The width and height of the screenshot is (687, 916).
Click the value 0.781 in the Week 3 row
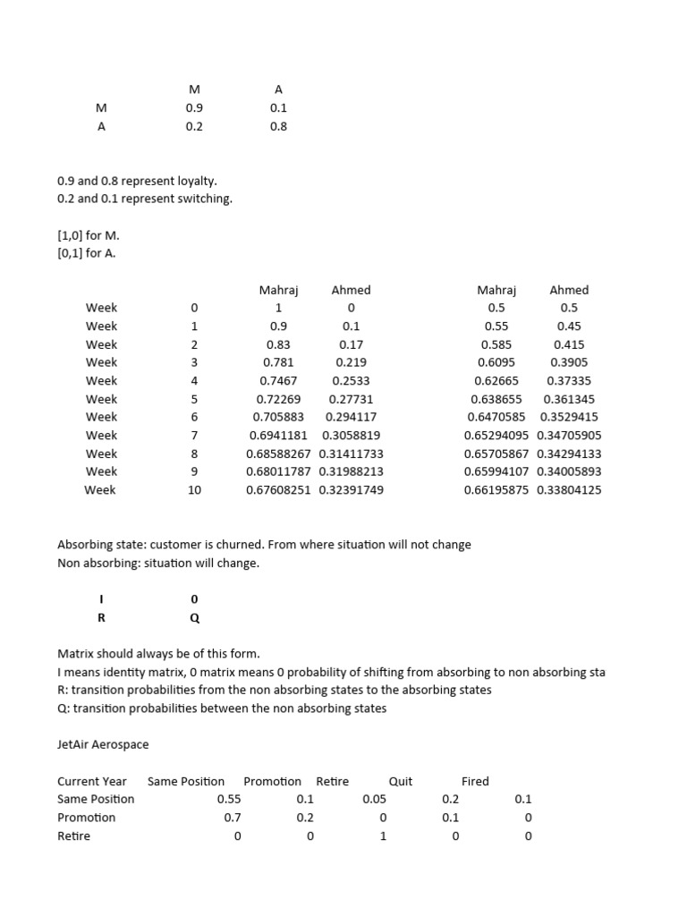278,362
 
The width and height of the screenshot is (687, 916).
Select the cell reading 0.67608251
278,490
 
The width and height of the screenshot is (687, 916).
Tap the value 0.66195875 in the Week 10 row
496,490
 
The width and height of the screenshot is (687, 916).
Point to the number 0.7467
278,381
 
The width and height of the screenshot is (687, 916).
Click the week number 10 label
194,490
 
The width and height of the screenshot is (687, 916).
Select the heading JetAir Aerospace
103,744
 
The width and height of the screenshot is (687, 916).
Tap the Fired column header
475,781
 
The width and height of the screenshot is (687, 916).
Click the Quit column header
401,781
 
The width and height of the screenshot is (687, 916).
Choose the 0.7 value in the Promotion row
233,818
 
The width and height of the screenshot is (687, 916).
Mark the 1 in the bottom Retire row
383,836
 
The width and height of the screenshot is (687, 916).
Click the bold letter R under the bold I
101,617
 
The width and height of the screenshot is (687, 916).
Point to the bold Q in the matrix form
195,617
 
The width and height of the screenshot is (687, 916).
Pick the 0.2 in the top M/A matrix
194,127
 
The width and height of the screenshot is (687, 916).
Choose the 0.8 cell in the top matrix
278,127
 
